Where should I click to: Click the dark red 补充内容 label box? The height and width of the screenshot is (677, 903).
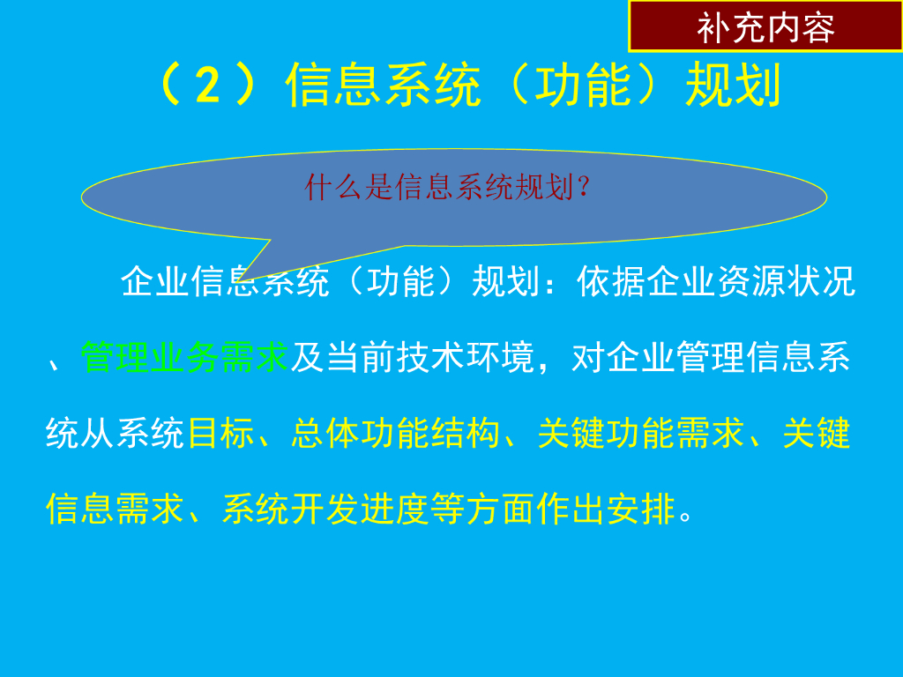tap(765, 27)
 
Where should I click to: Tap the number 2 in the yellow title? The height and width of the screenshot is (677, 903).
tap(208, 87)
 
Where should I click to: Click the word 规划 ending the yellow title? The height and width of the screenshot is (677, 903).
tap(734, 87)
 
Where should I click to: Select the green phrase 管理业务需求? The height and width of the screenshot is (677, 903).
tap(185, 359)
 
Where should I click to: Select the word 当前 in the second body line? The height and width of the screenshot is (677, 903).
tap(361, 359)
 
